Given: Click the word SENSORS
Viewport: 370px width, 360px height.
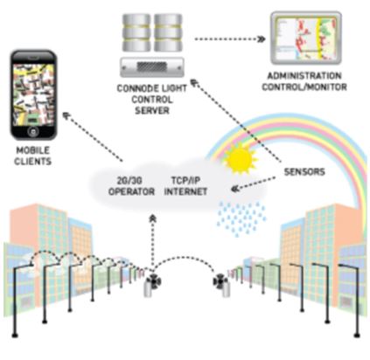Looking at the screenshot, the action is tap(304, 171).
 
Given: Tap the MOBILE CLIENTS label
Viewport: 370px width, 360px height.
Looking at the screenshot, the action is tap(32, 156).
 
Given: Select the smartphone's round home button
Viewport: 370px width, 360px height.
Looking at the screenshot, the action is tap(33, 131).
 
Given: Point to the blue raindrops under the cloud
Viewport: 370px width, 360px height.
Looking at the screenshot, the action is tap(241, 218).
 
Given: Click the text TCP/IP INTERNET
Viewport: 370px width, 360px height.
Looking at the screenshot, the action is tap(185, 186).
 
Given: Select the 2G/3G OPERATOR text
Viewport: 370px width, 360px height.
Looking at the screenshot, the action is tap(131, 186).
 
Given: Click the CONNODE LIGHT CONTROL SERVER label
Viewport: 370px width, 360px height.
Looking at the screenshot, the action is tap(151, 100).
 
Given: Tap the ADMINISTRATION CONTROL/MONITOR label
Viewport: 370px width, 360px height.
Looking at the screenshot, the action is tap(304, 81).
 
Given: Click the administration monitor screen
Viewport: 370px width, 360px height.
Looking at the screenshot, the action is tap(305, 38).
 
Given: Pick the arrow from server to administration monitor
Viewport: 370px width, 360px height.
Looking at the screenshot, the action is tap(229, 38).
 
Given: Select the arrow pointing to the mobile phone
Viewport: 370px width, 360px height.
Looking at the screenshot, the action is tap(93, 136).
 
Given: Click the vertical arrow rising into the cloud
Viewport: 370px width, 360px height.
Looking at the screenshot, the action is tap(152, 240).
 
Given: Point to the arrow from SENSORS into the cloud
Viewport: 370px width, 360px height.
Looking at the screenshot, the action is tap(253, 183).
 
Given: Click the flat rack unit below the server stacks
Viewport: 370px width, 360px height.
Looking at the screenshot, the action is tap(152, 67).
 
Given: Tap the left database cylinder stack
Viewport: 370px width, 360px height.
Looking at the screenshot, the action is tap(136, 32).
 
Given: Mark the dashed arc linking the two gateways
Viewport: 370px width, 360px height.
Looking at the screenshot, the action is tap(186, 258).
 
